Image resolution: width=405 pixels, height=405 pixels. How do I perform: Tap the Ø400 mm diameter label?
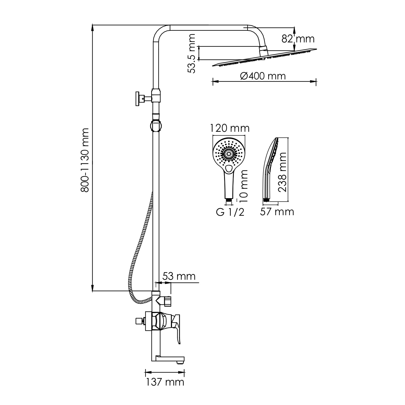pos(263,76)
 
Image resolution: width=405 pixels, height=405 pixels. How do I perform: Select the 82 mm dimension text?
pos(298,39)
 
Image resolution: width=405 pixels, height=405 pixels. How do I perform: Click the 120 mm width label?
pos(230,128)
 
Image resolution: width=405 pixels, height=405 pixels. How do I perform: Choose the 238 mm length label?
pos(282,172)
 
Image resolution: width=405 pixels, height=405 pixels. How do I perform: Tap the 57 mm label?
pos(277,212)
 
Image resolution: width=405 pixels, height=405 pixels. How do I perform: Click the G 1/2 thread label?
pos(230,212)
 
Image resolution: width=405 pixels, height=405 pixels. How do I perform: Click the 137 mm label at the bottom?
pos(165,382)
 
